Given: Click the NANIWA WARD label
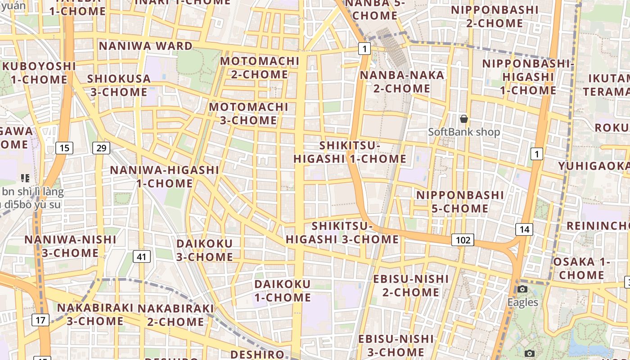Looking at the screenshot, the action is point(145,46).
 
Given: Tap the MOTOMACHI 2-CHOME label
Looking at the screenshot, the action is point(260,67).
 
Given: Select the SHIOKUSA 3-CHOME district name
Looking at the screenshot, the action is point(119,85).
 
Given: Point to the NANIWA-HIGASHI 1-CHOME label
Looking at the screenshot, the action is point(165,177).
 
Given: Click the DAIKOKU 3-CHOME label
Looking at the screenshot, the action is point(205,251).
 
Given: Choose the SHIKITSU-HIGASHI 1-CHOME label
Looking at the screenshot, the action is point(350,152).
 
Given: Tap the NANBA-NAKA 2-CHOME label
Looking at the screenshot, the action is point(402,81).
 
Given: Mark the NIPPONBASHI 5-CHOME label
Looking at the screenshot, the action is point(460,202).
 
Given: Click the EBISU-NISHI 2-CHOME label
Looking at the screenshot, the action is point(411,286).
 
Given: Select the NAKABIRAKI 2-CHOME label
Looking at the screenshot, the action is point(175,315).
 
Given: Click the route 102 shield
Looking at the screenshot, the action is point(463,240).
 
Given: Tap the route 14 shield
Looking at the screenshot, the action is point(524,229).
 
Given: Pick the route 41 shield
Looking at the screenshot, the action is point(142,257).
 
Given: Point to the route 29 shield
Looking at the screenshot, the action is point(101,148).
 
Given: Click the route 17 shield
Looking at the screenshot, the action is point(40,320).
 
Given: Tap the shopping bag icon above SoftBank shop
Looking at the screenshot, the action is point(464,119).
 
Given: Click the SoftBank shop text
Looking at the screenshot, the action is point(464,132).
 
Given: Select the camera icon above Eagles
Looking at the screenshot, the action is point(522,289).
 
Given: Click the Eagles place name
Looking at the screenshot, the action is point(523,302).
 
